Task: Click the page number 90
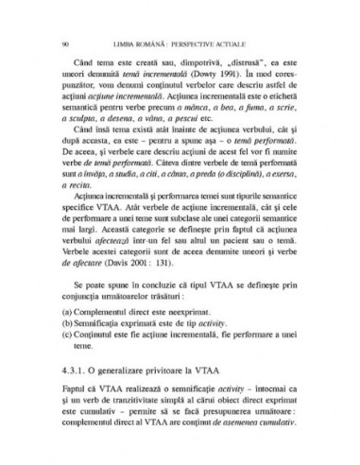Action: (62, 43)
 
